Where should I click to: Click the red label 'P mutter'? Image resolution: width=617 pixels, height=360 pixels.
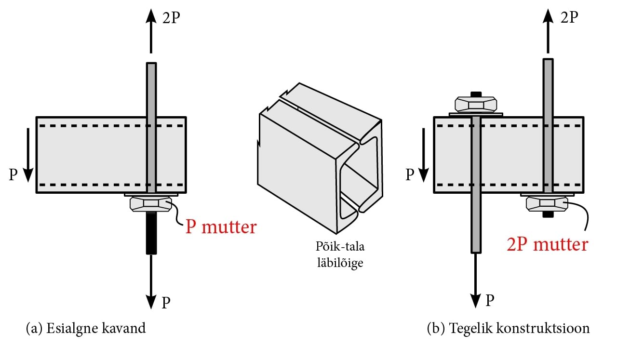pyautogui.click(x=221, y=227)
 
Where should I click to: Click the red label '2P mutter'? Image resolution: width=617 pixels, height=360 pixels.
pyautogui.click(x=547, y=244)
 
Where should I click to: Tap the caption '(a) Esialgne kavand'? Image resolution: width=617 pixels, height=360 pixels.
pyautogui.click(x=85, y=329)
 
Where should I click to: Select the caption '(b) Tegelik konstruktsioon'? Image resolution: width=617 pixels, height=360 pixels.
pyautogui.click(x=508, y=329)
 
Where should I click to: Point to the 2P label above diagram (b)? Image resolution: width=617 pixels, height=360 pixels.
pyautogui.click(x=568, y=17)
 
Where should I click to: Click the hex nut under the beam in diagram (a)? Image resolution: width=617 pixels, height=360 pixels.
pyautogui.click(x=151, y=203)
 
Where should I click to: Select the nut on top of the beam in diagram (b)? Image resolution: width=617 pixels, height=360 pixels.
pyautogui.click(x=476, y=104)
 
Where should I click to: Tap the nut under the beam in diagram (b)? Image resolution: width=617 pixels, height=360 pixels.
pyautogui.click(x=547, y=203)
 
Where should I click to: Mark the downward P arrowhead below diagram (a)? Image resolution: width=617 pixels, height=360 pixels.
pyautogui.click(x=151, y=302)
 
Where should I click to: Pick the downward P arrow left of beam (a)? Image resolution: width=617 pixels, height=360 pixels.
pyautogui.click(x=27, y=153)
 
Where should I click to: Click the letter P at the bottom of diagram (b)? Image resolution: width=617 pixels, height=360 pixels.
pyautogui.click(x=490, y=301)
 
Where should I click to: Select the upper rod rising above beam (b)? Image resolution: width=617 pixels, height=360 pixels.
pyautogui.click(x=548, y=87)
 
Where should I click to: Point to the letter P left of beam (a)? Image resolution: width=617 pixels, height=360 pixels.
pyautogui.click(x=14, y=174)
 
